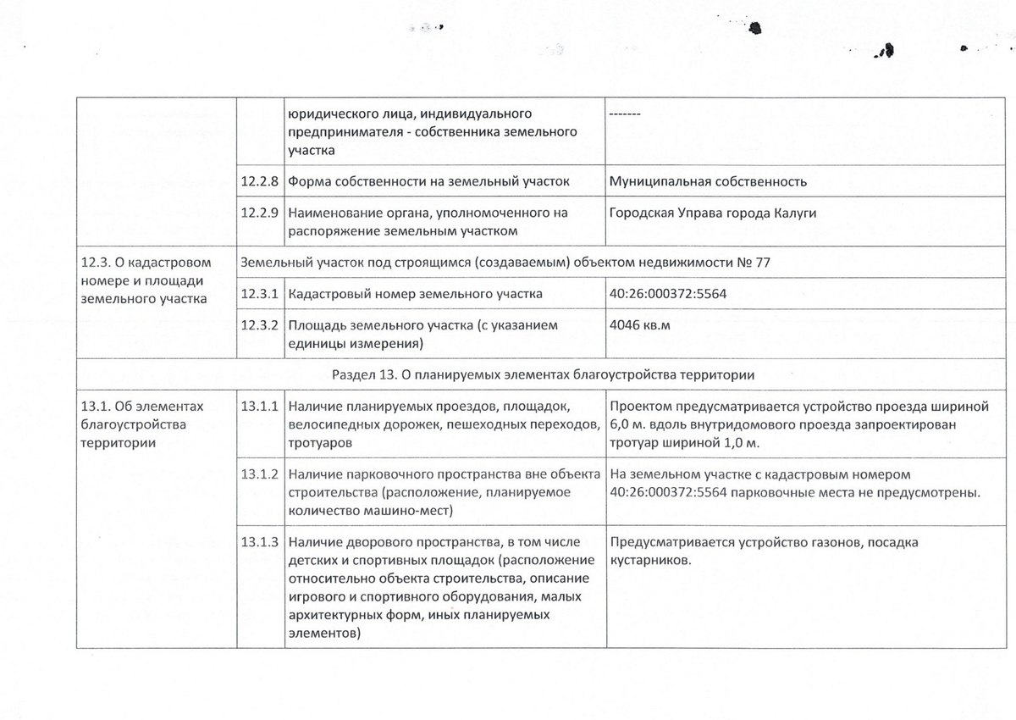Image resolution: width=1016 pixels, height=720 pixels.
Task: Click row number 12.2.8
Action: pos(260,181)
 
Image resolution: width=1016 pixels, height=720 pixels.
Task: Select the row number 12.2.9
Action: pos(260,212)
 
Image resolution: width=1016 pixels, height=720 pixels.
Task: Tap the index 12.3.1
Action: pos(260,294)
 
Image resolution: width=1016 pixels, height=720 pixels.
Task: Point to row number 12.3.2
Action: pos(260,325)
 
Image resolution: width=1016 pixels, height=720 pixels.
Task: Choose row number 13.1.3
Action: pos(260,542)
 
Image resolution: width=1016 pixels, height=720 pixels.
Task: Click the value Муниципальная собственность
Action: pos(708,181)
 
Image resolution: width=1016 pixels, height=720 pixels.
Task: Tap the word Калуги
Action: pos(792,212)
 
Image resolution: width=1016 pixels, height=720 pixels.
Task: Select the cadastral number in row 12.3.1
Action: pos(668,294)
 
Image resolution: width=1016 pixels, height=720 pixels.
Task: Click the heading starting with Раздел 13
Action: pos(543,374)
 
